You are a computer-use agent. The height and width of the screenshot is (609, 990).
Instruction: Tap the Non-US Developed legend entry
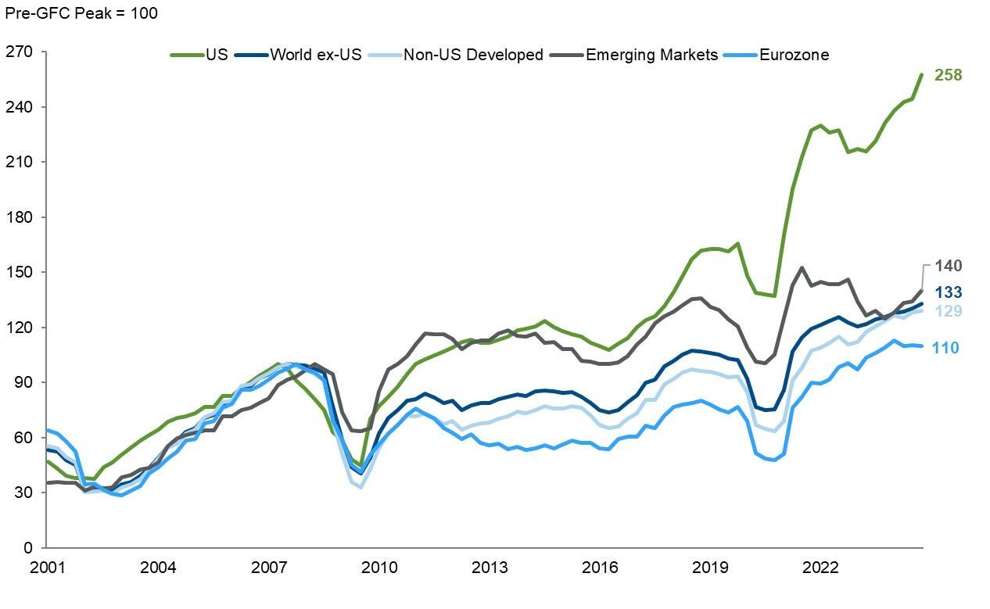(x=472, y=55)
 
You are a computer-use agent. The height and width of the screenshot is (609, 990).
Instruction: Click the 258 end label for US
(x=948, y=75)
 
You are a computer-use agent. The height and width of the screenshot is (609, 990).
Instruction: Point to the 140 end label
(x=948, y=267)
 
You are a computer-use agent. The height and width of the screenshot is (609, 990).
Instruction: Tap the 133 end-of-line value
(x=948, y=292)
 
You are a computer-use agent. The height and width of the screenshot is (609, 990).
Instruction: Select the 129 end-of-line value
(x=948, y=311)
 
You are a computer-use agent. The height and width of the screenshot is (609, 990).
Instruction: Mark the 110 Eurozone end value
(x=945, y=347)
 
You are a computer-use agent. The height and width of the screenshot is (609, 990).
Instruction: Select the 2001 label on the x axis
(x=47, y=567)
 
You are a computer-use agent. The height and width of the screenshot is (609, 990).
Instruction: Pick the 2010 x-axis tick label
(x=379, y=567)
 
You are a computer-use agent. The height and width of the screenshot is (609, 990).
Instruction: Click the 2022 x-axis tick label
(x=822, y=567)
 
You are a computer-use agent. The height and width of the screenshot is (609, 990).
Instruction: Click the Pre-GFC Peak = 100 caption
(x=81, y=13)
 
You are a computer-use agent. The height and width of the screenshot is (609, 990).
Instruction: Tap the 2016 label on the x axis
(x=601, y=567)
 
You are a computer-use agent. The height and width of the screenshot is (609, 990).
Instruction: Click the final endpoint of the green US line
(x=922, y=75)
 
